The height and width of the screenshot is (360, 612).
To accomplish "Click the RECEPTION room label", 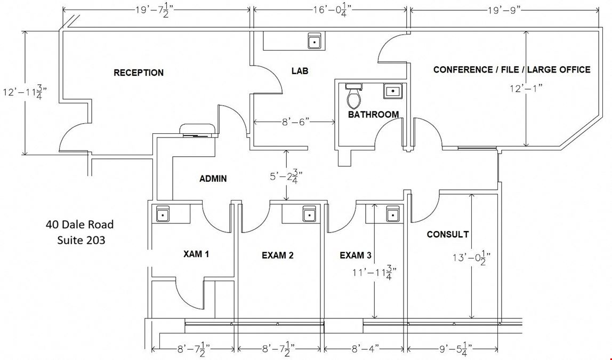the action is (x=139, y=73).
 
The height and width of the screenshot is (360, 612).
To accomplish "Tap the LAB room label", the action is (x=300, y=71).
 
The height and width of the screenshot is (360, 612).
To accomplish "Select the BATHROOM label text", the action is (x=374, y=115).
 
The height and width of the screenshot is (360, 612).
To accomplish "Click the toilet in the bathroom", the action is (x=355, y=96).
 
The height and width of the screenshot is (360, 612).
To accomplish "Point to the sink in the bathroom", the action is (x=391, y=91).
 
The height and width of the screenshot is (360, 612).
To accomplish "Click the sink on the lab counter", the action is (x=315, y=41).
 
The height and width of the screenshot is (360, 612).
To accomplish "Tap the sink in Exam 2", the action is (x=310, y=214).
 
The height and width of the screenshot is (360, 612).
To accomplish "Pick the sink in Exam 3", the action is (x=393, y=214).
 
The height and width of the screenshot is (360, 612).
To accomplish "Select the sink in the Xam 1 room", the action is (x=163, y=214).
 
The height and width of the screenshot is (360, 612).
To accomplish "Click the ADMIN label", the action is (x=213, y=179).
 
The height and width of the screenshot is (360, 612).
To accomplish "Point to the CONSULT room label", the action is (x=448, y=234).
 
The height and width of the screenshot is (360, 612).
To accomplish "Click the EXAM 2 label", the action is (x=278, y=255).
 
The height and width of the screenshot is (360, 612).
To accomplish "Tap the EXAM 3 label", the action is (x=356, y=255).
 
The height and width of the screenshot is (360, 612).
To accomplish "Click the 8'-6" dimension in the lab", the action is (x=296, y=122).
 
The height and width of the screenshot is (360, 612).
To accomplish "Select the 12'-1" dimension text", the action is (x=526, y=89).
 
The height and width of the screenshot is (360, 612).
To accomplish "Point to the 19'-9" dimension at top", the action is (x=504, y=10).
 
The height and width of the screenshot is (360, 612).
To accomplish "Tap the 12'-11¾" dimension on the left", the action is (x=25, y=93).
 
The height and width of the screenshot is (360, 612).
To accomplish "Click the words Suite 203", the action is (x=81, y=239).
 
